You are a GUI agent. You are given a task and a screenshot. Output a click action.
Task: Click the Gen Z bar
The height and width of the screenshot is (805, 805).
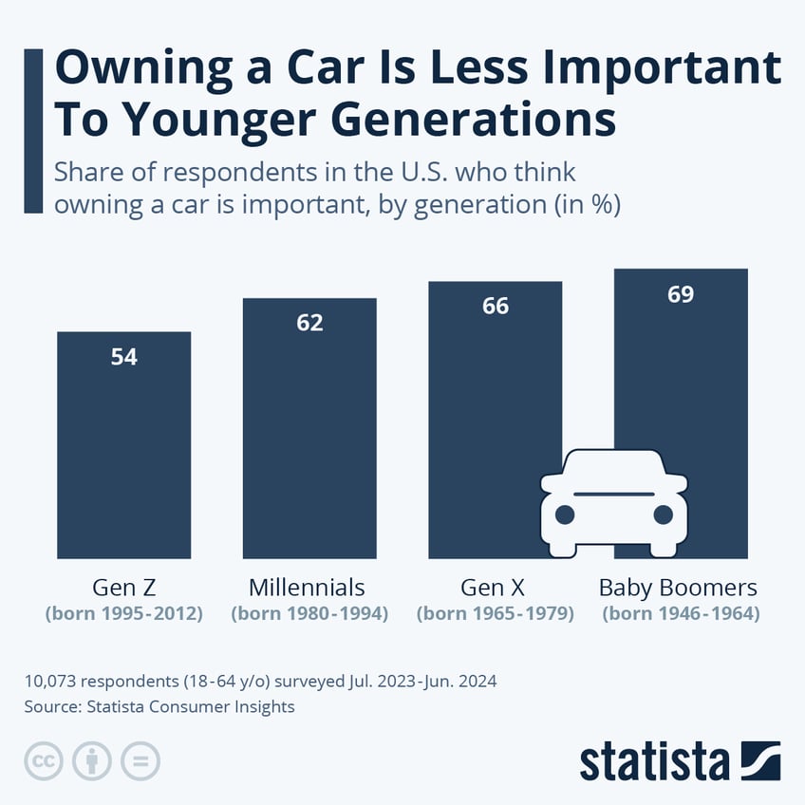coord(124,446)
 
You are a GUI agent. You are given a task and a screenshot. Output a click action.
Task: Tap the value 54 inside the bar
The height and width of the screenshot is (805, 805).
coord(124,358)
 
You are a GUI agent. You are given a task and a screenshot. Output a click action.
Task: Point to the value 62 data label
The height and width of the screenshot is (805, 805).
coord(309,323)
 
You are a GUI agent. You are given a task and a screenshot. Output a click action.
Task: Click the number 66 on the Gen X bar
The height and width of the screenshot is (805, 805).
coord(495,306)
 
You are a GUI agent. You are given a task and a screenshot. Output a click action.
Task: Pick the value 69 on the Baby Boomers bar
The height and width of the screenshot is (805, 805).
coord(681,294)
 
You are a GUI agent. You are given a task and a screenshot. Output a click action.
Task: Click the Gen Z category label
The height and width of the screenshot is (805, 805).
coord(124,587)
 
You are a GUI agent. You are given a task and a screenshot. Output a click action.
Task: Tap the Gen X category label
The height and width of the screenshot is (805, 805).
coord(495,587)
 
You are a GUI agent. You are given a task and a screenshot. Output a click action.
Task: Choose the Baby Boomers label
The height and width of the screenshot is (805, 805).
coord(678,587)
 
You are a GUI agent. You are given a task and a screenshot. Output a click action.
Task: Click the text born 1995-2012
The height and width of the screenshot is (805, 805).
coord(124,614)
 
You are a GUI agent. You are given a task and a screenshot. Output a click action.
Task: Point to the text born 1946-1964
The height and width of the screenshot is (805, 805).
coord(681,614)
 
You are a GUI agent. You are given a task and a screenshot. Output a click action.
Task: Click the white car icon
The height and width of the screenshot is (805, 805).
coord(613,503)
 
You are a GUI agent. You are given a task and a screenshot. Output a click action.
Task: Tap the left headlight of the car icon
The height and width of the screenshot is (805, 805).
coord(565,515)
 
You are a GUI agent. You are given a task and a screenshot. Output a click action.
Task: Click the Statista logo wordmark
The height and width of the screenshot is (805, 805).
coord(655,761)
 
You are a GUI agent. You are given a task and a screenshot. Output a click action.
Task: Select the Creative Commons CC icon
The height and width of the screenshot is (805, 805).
coord(43,760)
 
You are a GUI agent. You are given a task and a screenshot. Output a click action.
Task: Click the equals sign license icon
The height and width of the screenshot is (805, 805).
coord(140,760)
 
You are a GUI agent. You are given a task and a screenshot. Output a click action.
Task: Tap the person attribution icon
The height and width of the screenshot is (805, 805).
coord(92,760)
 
